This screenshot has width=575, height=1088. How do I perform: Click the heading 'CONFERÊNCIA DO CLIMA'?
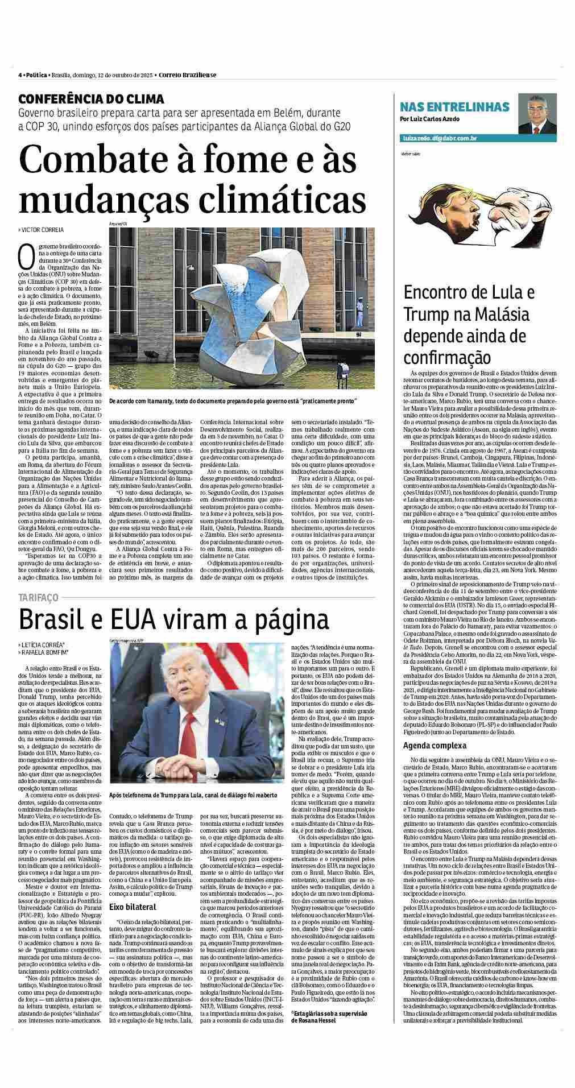91,98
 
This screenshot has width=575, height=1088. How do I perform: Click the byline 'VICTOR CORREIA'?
43,230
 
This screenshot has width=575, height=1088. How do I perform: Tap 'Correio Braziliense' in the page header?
187,75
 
